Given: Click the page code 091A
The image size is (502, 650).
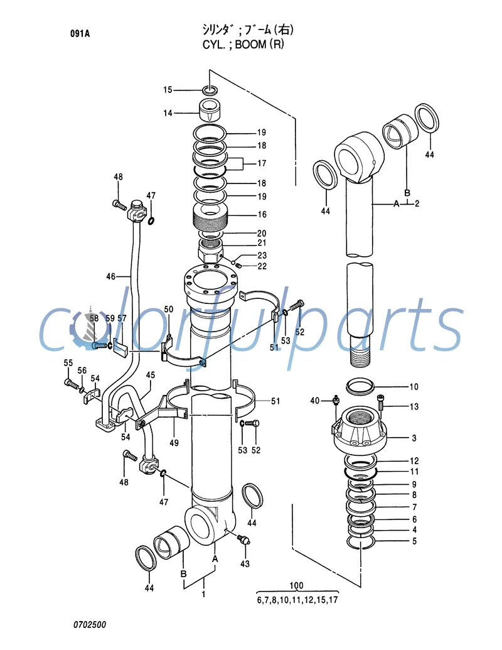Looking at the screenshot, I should pos(80,34).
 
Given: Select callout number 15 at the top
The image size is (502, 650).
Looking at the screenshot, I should pos(168,90).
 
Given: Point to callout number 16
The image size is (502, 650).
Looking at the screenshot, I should pos(262,215).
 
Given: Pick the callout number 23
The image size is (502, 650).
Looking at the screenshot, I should pos(262,256).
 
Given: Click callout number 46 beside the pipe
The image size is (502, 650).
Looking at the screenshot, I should pos(110,276).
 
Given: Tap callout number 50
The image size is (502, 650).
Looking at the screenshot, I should pos(168,309).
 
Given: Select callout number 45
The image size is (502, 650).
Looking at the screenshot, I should pos(151,376).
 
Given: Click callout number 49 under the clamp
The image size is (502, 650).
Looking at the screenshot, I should pos(174,443).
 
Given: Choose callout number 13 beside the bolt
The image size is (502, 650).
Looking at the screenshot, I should pos(414,406).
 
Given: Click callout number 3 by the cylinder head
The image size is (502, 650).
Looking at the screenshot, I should pos(414,437).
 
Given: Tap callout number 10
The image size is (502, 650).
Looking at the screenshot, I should pos(414,386).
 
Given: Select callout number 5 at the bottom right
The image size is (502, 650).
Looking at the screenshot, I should pos(414,541).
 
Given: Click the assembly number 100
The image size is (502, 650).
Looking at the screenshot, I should pos(297,586).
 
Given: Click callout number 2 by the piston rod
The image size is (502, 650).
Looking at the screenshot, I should pos(417,203).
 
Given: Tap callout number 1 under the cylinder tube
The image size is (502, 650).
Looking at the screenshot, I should pos(203,593).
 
